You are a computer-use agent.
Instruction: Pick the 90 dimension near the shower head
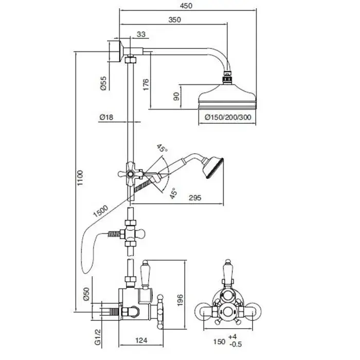point(176,96)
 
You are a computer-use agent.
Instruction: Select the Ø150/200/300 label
point(228,118)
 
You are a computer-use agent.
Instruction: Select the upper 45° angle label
point(162,149)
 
